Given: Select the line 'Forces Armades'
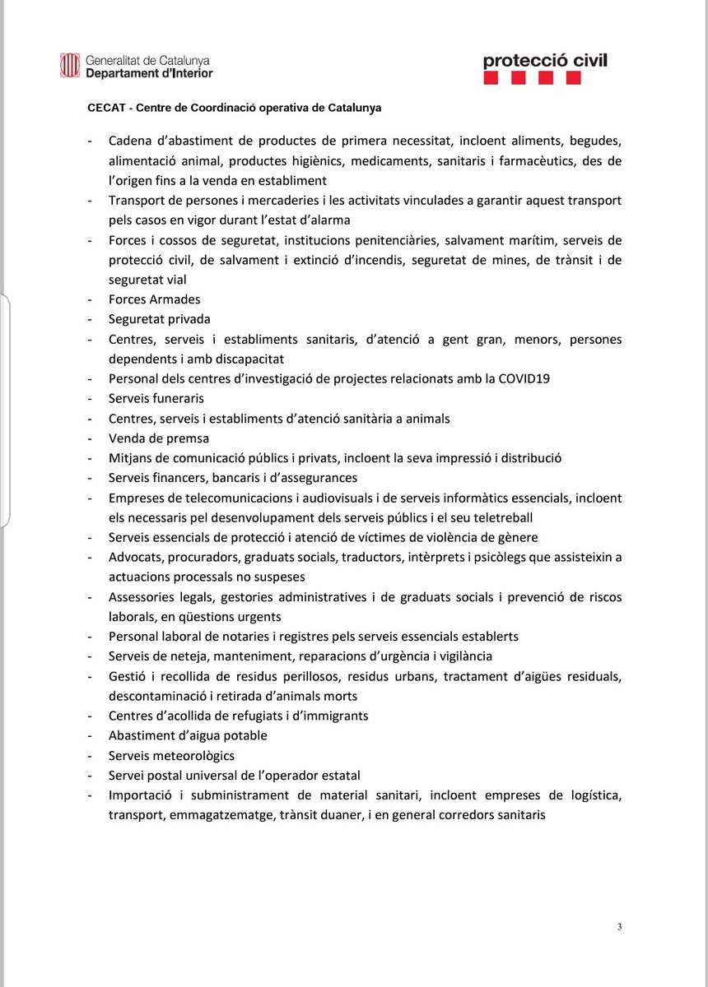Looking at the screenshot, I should click(x=154, y=299).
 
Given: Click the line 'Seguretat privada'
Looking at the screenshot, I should click(x=159, y=319).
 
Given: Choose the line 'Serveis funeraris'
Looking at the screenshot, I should click(x=156, y=399).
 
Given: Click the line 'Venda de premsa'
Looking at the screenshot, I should click(x=159, y=438).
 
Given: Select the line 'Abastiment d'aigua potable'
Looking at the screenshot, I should click(x=188, y=735).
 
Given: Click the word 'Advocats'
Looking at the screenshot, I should click(x=136, y=558).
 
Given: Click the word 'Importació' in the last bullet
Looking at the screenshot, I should click(x=141, y=795).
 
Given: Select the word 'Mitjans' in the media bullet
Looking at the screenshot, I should click(x=132, y=458).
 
